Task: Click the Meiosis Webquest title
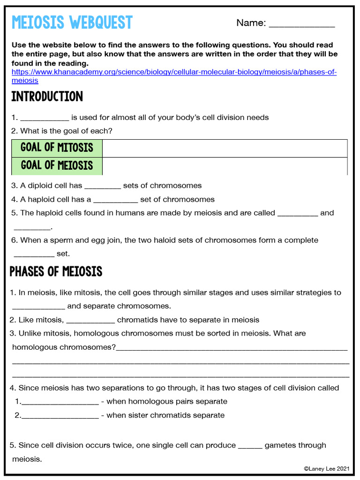tap(72, 22)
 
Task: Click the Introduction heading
tap(47, 97)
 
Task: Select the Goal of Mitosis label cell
tap(57, 148)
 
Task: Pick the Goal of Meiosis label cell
tap(57, 165)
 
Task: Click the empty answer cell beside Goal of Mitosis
tap(225, 148)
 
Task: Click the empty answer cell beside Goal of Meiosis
tap(225, 166)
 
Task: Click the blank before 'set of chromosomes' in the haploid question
tap(115, 200)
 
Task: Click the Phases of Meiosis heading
tap(56, 271)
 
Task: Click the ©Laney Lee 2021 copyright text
tap(327, 468)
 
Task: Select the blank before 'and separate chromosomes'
tap(38, 307)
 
